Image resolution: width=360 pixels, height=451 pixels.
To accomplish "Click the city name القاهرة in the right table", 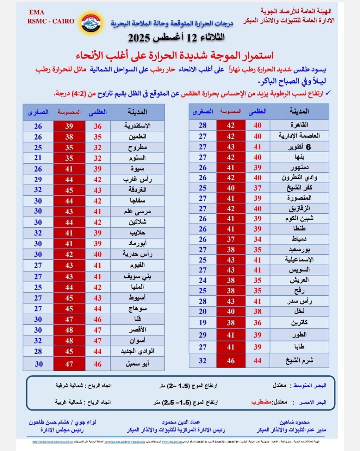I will coord(299,125).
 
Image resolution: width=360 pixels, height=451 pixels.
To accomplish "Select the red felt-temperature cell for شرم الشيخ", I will coord(230,360).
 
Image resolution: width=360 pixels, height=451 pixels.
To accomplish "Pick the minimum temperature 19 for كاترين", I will coord(203,322).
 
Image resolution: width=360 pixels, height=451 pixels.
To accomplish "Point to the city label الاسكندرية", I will coord(138,126).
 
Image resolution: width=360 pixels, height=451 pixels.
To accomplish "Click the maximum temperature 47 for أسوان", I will coord(98,341).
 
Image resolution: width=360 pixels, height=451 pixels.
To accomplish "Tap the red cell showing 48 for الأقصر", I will coord(69,330).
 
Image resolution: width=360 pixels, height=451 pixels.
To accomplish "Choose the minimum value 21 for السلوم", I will coord(38,158).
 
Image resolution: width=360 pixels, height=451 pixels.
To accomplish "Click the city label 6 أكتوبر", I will coord(299,147).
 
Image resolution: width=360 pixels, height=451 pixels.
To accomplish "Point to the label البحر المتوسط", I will coord(310,385).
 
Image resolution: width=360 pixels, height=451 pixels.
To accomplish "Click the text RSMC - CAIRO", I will coord(51,21).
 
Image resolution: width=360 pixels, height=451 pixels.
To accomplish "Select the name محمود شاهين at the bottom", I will coord(294,422).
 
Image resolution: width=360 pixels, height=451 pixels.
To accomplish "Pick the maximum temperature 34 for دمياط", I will coord(257,240).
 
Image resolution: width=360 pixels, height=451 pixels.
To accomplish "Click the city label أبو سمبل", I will coord(137,364).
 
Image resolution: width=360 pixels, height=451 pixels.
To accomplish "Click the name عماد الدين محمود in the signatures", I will coord(181,422).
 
